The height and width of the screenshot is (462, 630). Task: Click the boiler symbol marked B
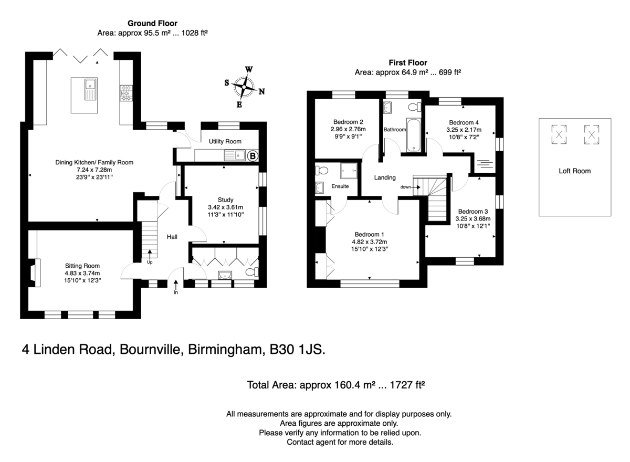253,156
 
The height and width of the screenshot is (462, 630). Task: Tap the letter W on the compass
249,69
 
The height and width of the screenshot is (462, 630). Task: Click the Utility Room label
225,141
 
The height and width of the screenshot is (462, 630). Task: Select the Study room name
226,199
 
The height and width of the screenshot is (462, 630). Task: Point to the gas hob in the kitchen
125,93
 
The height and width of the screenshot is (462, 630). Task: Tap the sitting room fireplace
35,272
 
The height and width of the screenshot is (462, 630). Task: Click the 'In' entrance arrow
176,285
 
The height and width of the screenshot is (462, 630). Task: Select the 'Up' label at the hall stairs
150,262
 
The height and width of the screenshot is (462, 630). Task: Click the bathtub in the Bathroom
413,135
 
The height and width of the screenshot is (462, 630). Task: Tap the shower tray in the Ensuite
349,171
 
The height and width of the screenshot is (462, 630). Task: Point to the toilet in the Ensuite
322,171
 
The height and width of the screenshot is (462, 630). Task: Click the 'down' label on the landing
405,187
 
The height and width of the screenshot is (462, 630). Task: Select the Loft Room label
574,171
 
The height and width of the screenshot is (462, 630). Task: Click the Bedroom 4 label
464,123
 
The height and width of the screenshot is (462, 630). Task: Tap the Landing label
385,177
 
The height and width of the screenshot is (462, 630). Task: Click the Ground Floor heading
152,23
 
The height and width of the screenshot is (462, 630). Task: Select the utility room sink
235,155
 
